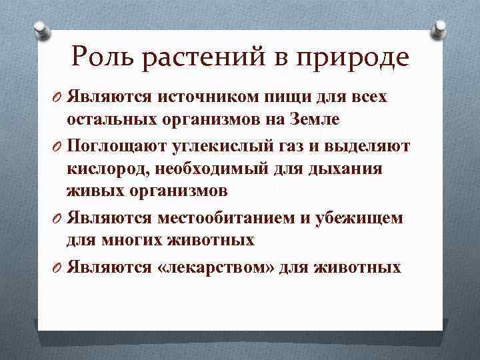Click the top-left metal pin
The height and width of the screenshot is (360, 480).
(41, 30)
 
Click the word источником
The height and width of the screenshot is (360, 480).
(203, 97)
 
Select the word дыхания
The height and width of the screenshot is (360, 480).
(346, 168)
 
